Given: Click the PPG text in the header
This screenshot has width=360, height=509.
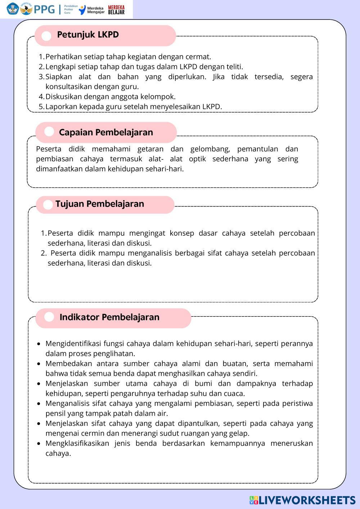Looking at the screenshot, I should [44, 9].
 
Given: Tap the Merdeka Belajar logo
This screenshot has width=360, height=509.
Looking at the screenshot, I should [116, 10].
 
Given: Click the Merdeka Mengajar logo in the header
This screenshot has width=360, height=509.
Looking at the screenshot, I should [92, 10].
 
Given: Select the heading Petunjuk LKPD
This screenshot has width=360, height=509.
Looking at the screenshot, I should [88, 35].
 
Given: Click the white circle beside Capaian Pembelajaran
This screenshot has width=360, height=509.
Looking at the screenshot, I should [49, 132].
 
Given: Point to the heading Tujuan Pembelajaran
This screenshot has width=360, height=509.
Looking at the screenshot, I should [100, 204].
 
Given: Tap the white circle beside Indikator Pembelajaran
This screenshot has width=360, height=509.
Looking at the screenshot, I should [49, 317].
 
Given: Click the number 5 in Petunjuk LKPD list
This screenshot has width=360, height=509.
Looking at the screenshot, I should [41, 107].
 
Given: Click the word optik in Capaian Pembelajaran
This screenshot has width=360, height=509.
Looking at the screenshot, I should [197, 159].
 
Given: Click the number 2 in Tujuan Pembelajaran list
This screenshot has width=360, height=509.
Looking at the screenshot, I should [43, 253].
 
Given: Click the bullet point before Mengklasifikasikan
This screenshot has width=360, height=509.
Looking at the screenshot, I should [39, 443].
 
